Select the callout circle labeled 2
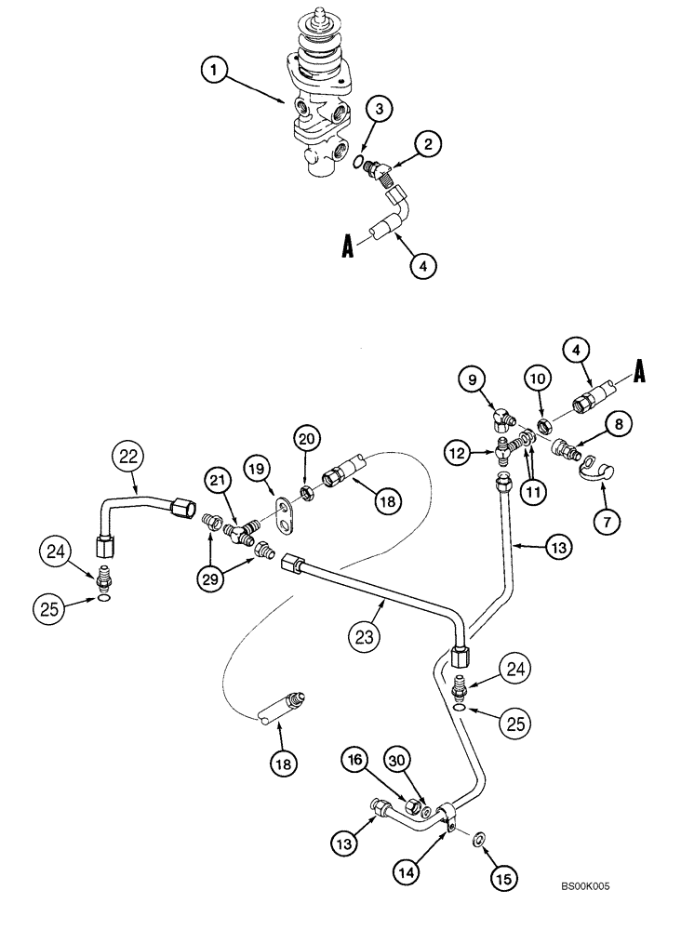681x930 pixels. click(x=427, y=144)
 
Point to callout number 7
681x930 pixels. click(x=607, y=522)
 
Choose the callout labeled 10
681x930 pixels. click(x=537, y=379)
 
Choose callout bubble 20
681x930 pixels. click(x=308, y=436)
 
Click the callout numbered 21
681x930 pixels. click(x=217, y=481)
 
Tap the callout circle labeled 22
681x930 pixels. click(x=127, y=457)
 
